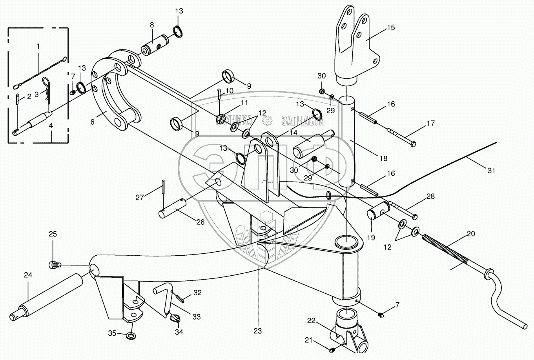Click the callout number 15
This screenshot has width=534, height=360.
390,27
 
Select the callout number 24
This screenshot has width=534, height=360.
27,275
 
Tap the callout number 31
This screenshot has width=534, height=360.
491,171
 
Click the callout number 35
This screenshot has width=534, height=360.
112,334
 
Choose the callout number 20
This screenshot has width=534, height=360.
471,234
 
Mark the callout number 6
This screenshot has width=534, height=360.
93,122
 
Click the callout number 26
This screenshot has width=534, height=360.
200,222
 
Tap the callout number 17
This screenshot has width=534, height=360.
430,124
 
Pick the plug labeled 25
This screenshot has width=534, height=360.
54,265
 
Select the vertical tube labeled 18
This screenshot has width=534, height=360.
346,141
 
